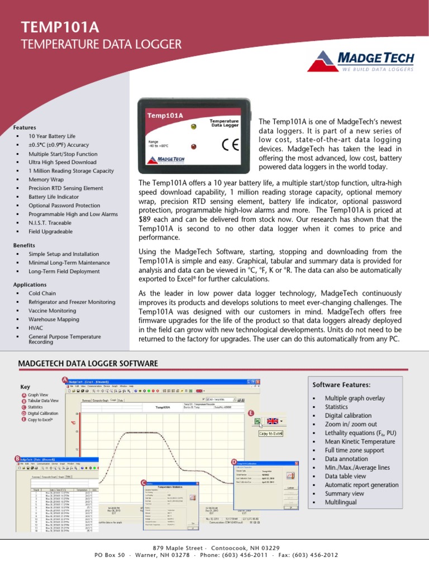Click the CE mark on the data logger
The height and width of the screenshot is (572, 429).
pos(229,144)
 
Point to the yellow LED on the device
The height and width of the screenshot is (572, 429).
pos(193,127)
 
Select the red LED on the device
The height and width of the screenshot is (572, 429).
pos(193,147)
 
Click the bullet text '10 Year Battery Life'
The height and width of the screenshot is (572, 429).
pos(51,136)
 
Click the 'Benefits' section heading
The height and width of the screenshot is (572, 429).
pos(24,245)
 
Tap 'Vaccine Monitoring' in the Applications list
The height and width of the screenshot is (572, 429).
pos(52,311)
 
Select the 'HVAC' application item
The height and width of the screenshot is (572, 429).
pos(36,328)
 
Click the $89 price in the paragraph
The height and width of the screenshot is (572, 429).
pos(145,220)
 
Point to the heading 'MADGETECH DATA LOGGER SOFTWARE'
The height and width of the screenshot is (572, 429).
pos(88,364)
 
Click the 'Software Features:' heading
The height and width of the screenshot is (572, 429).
pos(341,385)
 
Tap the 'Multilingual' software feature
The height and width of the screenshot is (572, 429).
pos(341,502)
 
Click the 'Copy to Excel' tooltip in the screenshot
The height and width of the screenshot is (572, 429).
pos(271,433)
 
